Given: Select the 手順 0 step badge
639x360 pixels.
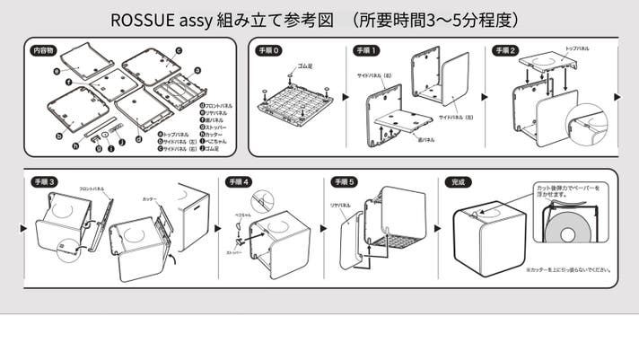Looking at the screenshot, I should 267,51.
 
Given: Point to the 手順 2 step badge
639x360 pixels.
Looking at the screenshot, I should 504,51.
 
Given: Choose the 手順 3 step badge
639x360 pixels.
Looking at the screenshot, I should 44,181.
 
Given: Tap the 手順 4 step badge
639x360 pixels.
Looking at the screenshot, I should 240,181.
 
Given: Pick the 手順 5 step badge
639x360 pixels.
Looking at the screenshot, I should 344,181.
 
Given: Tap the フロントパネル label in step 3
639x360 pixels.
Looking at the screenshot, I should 92,189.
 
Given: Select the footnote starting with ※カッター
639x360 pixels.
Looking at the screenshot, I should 569,268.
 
